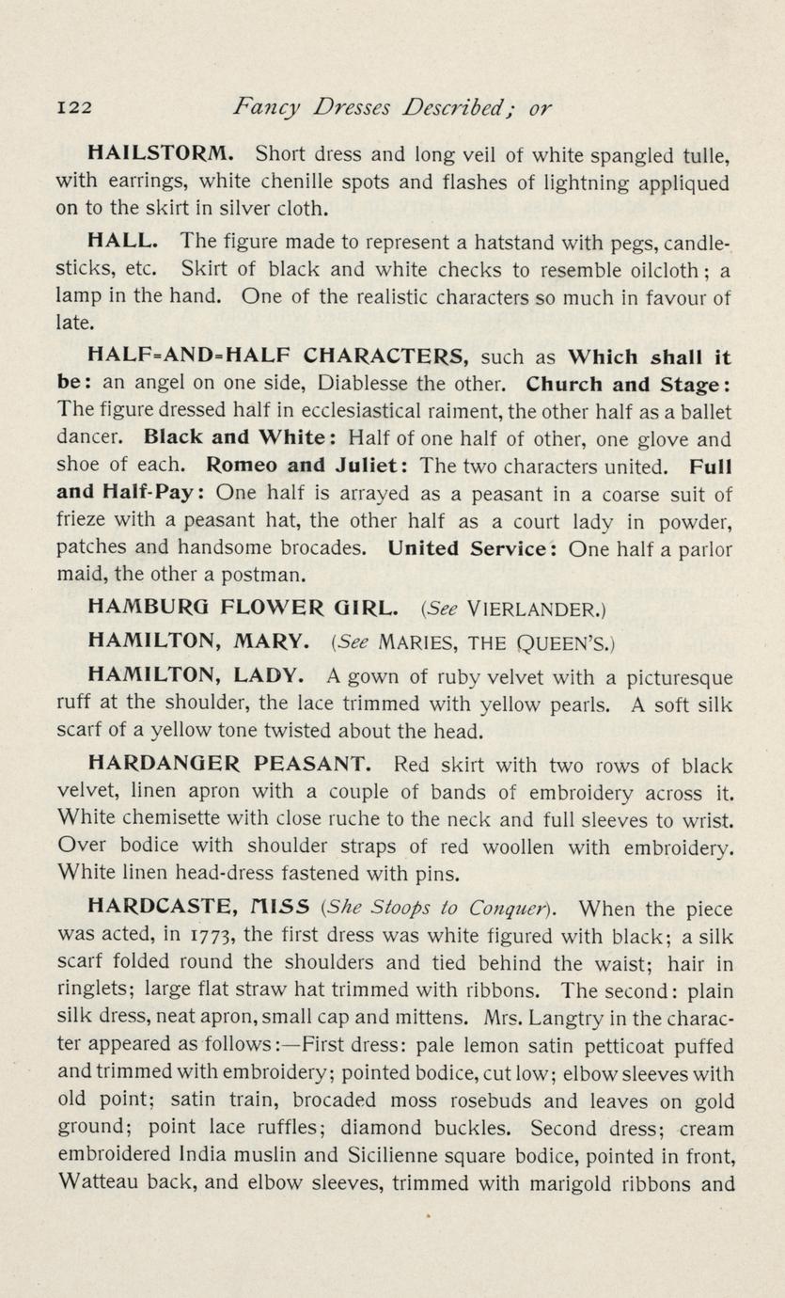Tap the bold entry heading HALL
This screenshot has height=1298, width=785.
click(x=122, y=243)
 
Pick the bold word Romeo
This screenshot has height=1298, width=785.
click(x=243, y=466)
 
